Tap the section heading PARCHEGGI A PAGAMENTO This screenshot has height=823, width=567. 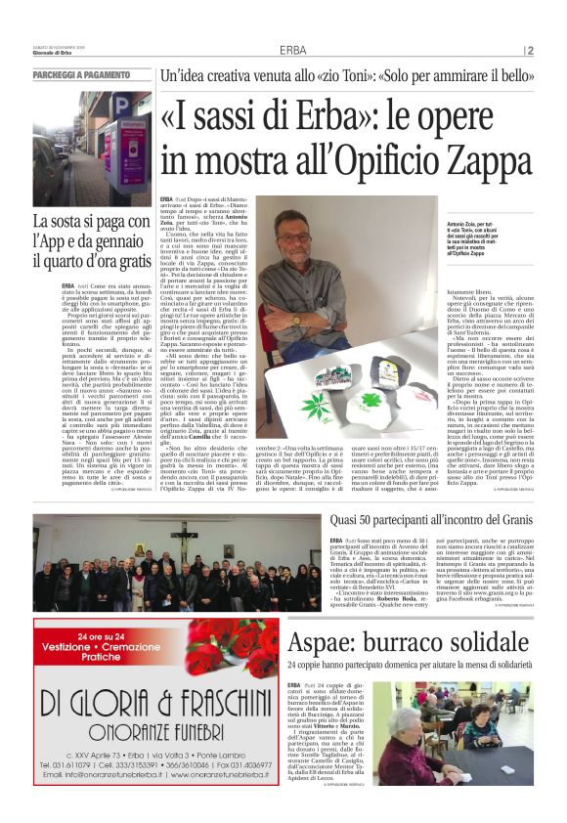click(80, 74)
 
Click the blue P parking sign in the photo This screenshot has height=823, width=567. click(117, 105)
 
